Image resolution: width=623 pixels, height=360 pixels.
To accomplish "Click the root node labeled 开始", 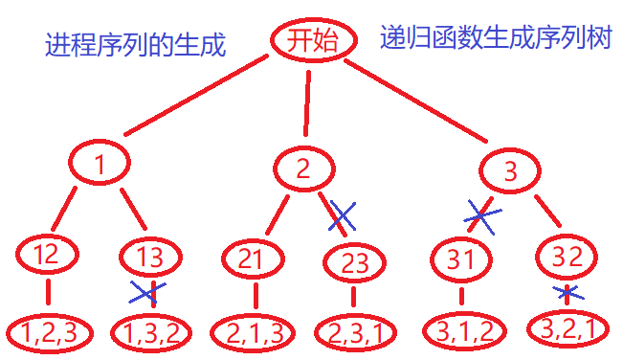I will (x=308, y=39).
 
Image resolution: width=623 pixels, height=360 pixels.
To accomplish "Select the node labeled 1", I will (x=100, y=165).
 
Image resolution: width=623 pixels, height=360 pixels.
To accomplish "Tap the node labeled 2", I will (x=303, y=169).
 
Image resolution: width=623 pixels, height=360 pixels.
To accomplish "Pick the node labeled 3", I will (x=509, y=172).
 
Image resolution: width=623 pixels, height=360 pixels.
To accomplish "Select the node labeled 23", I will (x=354, y=263).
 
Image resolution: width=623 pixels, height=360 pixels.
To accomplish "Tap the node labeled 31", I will (x=460, y=259).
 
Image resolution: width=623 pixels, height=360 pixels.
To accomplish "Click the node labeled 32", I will (x=568, y=256).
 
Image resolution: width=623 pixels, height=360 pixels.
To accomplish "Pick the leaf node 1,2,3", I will (x=51, y=331).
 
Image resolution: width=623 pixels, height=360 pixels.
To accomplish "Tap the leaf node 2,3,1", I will (x=355, y=333).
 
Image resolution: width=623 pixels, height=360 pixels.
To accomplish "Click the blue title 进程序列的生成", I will (x=135, y=44).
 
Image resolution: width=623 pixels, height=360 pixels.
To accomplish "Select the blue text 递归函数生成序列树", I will (x=495, y=38).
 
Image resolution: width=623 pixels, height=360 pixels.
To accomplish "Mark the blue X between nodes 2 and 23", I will (x=342, y=216).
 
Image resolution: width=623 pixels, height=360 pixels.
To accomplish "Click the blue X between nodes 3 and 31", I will (x=481, y=215).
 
